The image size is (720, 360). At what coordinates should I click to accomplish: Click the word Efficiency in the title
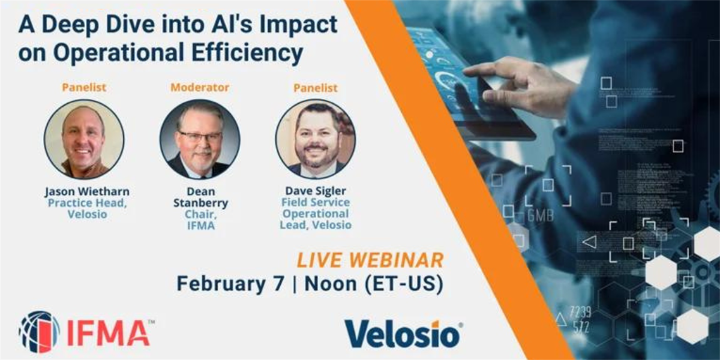(247, 52)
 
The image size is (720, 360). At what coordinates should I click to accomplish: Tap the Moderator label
(200, 88)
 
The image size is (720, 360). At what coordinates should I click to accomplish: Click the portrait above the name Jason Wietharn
(84, 139)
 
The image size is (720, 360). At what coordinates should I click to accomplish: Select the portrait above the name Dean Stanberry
(200, 139)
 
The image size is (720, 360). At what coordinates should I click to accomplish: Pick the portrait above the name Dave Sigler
(316, 139)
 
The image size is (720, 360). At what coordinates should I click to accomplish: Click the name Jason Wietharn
(87, 191)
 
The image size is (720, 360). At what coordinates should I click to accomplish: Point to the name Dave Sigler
(316, 191)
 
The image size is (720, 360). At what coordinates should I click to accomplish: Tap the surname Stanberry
(200, 203)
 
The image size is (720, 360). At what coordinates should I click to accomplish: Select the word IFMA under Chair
(201, 226)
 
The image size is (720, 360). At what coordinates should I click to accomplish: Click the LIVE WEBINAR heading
(370, 260)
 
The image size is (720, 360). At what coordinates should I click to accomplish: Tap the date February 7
(230, 283)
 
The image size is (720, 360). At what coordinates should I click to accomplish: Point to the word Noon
(331, 284)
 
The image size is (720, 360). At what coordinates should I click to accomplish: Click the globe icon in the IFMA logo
(39, 332)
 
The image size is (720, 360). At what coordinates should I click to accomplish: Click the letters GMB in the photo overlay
(541, 215)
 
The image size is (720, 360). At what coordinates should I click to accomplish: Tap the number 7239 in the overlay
(581, 312)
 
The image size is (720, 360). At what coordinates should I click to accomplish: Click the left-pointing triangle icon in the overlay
(589, 242)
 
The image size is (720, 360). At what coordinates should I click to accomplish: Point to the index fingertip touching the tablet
(467, 73)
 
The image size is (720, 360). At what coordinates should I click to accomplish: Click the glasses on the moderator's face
(200, 136)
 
